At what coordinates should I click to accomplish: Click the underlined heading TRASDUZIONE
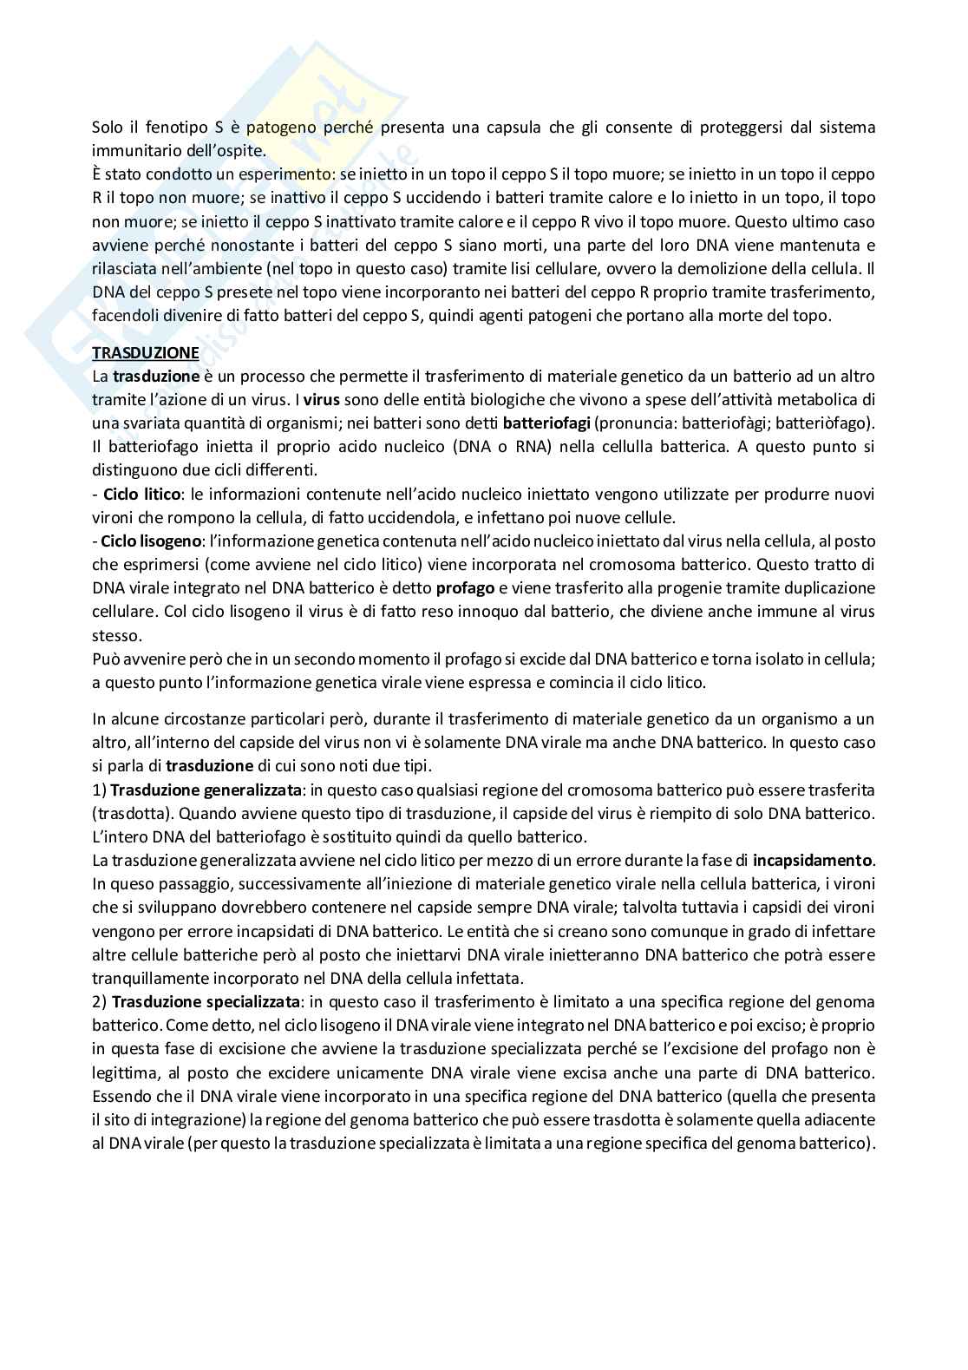(146, 353)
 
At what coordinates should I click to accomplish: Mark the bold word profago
(465, 588)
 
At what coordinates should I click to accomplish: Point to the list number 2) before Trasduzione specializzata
(99, 1002)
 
